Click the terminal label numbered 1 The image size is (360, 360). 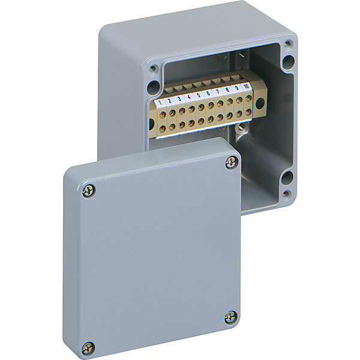[x=160, y=103]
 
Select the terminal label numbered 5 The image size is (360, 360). [x=199, y=95]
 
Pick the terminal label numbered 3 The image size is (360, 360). [x=179, y=99]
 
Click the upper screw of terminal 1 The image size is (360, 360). [x=163, y=115]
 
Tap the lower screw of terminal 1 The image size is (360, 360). [x=163, y=128]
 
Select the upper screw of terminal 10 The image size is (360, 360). [x=248, y=99]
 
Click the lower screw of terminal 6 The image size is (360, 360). [x=211, y=119]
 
